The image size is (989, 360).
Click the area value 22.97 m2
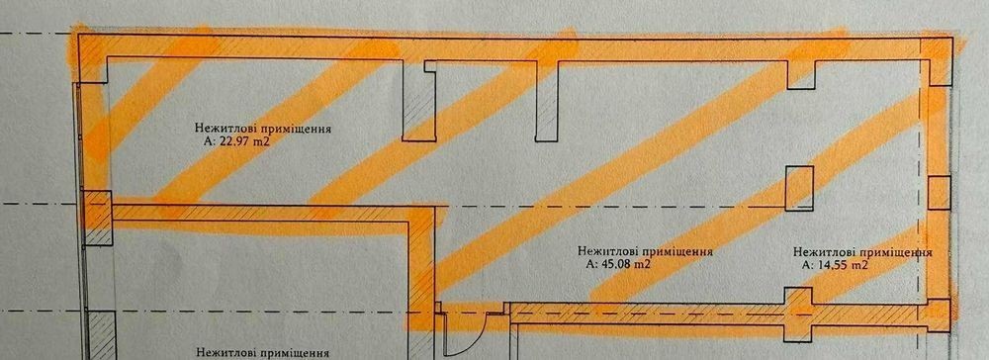tap(243, 141)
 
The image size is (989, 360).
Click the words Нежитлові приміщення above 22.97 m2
tap(264, 129)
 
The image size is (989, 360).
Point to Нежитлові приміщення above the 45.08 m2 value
tap(645, 251)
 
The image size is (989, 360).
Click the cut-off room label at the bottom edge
tap(264, 353)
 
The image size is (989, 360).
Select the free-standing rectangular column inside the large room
tap(799, 188)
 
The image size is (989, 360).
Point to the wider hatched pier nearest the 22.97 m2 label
tap(418, 101)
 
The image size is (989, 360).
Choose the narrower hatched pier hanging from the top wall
tap(546, 101)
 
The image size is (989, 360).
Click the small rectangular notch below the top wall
tap(801, 74)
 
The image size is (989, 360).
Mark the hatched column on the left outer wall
tap(98, 219)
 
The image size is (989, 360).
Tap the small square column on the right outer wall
tap(940, 193)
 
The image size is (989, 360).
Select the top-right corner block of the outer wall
tap(936, 61)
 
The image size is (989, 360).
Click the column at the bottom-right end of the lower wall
tap(939, 315)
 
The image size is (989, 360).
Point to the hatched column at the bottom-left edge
tap(100, 336)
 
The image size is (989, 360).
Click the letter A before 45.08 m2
tap(589, 265)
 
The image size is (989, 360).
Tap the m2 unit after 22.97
tap(262, 141)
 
